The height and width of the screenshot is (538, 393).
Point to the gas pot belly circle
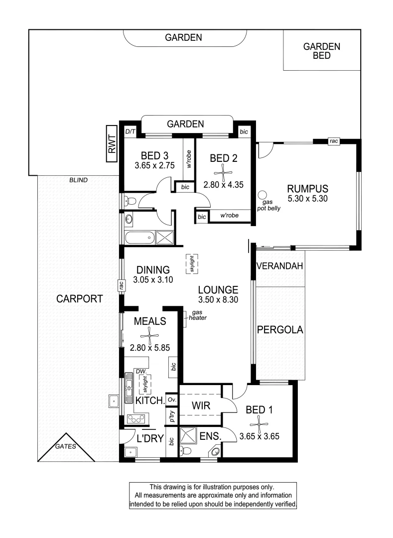point(262,195)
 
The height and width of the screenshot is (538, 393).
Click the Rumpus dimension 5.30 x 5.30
point(307,198)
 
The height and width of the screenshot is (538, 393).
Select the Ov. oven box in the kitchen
point(172,400)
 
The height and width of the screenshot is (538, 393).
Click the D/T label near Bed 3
point(131,132)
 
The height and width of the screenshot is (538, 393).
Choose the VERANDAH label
point(279,266)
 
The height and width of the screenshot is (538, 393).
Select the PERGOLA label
point(280,330)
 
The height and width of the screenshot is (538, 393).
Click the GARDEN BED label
point(321,51)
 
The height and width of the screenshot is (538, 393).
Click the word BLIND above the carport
point(78,180)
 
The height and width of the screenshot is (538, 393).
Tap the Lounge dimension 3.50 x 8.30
point(218,299)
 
